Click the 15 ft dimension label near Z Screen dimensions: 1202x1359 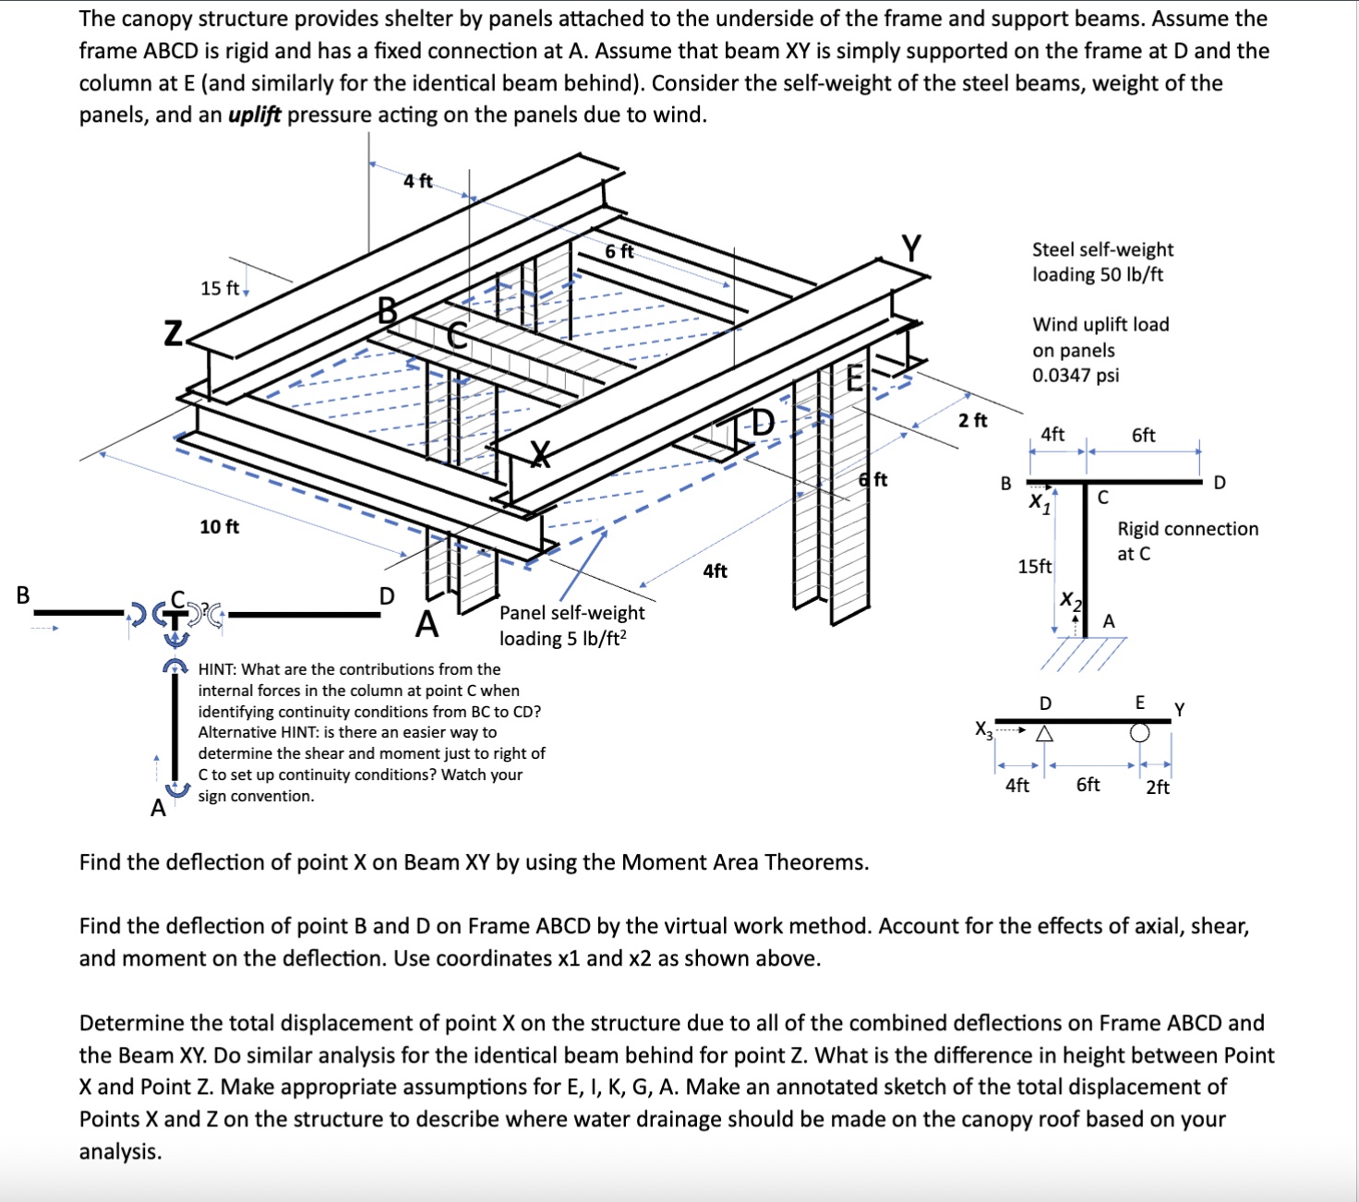[x=220, y=288]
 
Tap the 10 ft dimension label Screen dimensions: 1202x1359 [x=220, y=527]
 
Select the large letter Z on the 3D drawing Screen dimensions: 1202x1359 [x=173, y=333]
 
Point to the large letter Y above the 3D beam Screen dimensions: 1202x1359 [x=911, y=248]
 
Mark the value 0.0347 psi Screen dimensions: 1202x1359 [x=1076, y=376]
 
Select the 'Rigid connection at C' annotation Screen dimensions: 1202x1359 [x=1186, y=541]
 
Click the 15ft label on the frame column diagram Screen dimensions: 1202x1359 [x=1034, y=567]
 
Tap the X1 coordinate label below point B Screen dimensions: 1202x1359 [x=1040, y=504]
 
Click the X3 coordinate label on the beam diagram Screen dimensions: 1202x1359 [x=984, y=729]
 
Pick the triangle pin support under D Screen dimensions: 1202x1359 [x=1044, y=735]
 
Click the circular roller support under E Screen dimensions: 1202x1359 [x=1140, y=733]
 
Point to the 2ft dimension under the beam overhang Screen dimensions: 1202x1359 [x=1158, y=787]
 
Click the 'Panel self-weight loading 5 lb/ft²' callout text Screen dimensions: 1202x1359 [x=571, y=625]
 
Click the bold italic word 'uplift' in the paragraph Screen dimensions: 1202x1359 [x=254, y=115]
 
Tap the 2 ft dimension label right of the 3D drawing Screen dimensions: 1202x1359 [x=972, y=421]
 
